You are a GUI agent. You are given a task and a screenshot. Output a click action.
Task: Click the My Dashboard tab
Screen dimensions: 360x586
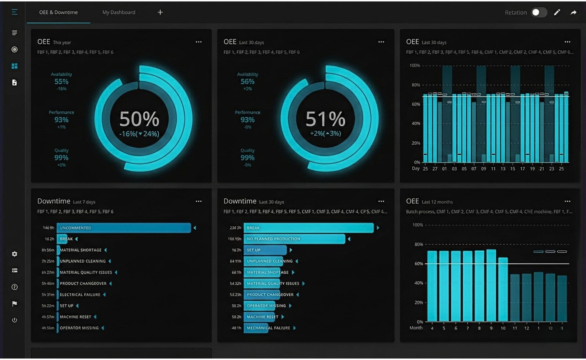[x=119, y=12]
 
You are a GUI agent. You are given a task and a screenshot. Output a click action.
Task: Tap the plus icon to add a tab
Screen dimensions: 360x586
[x=160, y=12]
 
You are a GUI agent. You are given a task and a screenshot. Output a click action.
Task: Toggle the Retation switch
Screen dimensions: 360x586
[x=539, y=12]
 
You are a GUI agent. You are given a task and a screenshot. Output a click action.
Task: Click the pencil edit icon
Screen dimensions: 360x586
[x=557, y=12]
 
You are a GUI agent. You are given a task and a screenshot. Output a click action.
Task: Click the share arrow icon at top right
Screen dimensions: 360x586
[x=573, y=12]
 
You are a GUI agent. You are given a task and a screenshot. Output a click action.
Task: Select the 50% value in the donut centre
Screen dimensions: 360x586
[x=139, y=119]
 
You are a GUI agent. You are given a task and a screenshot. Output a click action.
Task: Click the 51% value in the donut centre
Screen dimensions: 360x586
[x=325, y=119]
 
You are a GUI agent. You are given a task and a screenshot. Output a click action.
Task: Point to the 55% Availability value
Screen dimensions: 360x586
[x=61, y=81]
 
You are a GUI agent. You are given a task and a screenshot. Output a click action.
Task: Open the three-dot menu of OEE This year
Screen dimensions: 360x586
[x=199, y=42]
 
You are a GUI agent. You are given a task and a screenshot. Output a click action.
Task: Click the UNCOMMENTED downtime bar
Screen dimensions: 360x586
[x=124, y=228]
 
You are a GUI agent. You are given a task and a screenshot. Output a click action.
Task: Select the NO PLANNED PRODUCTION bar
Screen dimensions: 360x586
[x=294, y=239]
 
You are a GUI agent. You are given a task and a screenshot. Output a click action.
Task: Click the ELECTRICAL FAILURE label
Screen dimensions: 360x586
[x=80, y=294]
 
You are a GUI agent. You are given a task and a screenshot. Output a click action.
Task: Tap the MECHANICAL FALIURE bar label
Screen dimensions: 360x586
[x=268, y=328]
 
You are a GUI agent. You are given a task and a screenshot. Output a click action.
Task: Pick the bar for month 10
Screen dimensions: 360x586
[x=503, y=290]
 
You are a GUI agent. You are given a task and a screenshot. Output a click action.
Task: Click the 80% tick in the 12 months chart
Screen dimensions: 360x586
[x=419, y=244]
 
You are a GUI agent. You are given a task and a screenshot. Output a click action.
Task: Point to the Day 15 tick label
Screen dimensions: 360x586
[x=513, y=169]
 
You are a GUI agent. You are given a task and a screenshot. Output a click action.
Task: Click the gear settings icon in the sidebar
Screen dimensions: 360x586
[x=14, y=254]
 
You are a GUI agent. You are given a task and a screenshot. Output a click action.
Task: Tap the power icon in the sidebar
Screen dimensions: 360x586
[x=14, y=320]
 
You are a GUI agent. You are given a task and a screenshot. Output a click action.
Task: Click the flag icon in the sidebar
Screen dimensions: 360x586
[x=14, y=304]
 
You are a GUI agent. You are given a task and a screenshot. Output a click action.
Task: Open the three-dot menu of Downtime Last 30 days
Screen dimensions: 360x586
[x=381, y=201]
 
